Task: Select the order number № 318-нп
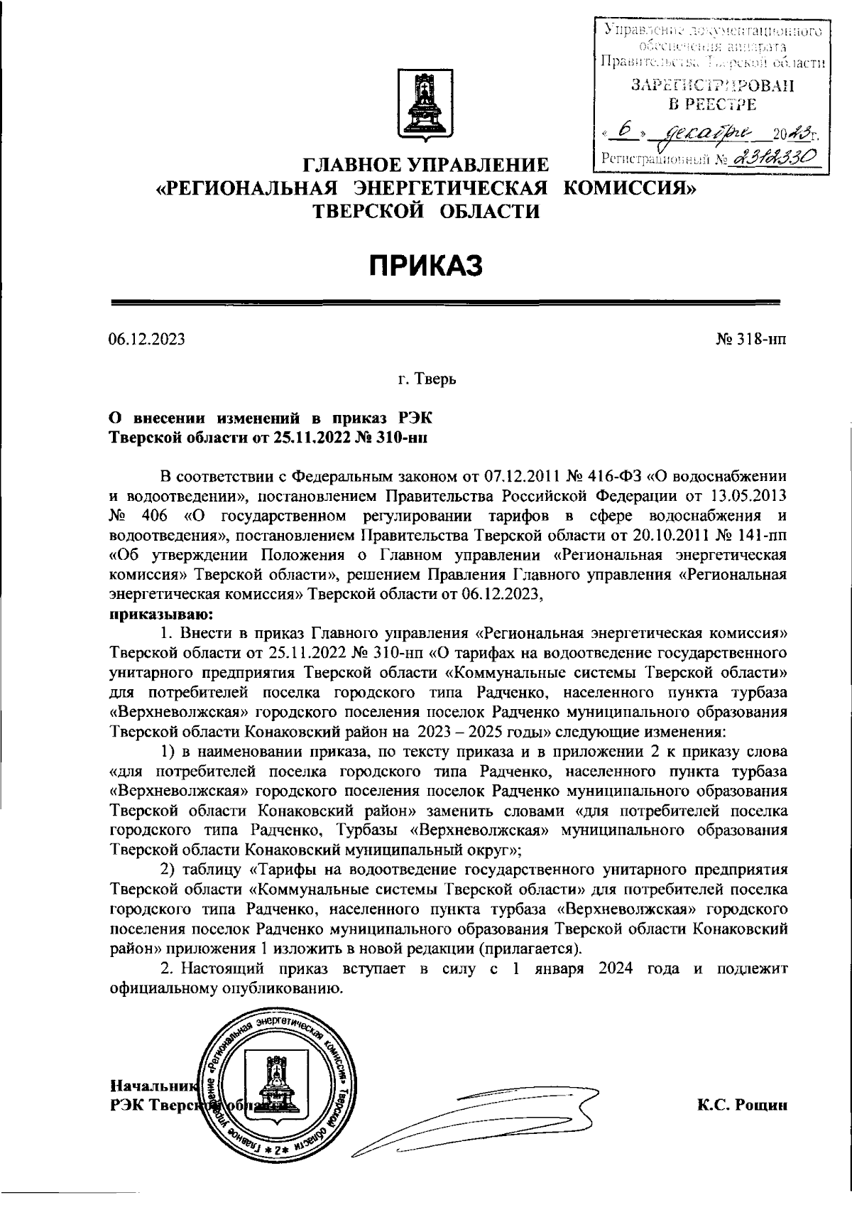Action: [750, 340]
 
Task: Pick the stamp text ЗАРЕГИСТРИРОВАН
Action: [712, 87]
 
